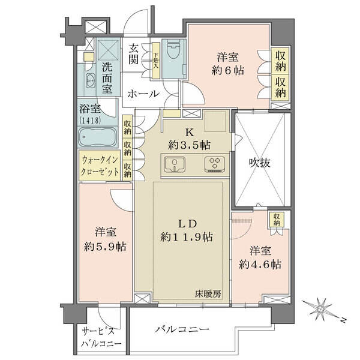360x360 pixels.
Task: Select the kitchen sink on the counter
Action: [x=175, y=164]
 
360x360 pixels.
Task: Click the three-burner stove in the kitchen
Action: [x=215, y=164]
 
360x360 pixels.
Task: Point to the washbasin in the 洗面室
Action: [x=91, y=81]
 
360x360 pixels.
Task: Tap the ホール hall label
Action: [x=143, y=94]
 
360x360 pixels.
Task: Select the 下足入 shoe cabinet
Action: [x=156, y=61]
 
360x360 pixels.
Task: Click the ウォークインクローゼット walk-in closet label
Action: [x=100, y=166]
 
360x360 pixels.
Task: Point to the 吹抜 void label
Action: [x=260, y=163]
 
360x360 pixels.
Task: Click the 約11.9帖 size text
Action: [x=187, y=237]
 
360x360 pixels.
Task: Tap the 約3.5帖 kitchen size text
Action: [x=189, y=145]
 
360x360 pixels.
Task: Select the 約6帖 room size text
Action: [x=228, y=70]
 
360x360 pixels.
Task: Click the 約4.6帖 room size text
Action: [x=260, y=265]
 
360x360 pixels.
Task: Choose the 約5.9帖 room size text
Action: [x=105, y=247]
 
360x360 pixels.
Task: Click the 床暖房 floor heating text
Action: [x=208, y=293]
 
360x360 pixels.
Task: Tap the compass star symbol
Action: [x=320, y=310]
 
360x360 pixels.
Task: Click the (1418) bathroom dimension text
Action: [x=90, y=121]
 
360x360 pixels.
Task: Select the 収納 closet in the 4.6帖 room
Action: [x=277, y=219]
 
